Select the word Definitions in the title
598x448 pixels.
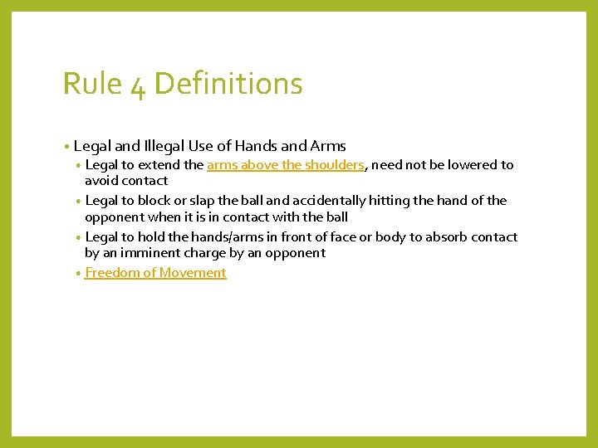pos(228,84)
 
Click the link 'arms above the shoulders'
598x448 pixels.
pos(285,164)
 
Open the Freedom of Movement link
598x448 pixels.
pos(155,273)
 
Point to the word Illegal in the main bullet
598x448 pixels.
pos(166,146)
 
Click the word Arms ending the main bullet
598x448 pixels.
pos(326,146)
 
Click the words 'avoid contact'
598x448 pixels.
pos(126,180)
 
